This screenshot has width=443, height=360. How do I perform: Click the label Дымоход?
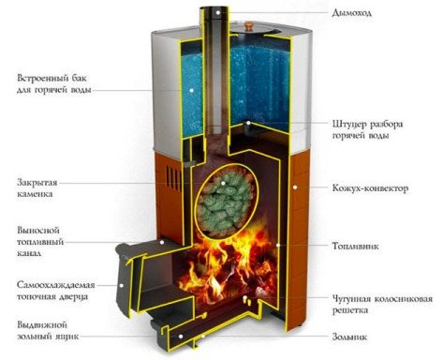[352, 13]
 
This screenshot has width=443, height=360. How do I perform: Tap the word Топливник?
[355, 246]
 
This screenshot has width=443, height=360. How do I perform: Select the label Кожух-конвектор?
[370, 188]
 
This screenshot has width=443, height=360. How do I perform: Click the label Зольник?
[349, 337]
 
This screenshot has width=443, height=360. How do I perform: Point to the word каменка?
[35, 194]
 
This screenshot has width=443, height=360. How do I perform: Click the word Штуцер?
[349, 125]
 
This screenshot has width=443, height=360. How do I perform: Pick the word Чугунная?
[351, 299]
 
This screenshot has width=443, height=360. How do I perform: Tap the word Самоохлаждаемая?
[56, 285]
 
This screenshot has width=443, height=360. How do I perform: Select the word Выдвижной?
[42, 325]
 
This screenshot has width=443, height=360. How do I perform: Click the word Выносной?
[38, 231]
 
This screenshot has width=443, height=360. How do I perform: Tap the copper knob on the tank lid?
[249, 25]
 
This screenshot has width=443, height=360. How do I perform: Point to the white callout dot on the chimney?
[217, 12]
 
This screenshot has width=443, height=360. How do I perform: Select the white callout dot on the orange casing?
[295, 187]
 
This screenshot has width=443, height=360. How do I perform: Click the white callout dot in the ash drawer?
[181, 336]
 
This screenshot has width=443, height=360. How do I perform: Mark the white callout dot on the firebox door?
[121, 285]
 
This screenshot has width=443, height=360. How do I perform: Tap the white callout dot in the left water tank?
[191, 90]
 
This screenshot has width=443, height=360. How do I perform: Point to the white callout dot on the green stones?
[223, 183]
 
